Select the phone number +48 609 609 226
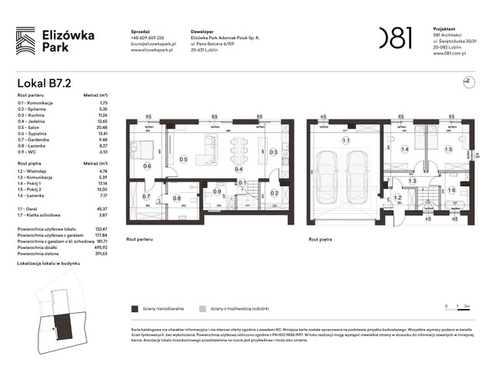(x=148, y=37)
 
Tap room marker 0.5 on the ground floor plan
(x=183, y=159)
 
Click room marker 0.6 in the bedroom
(x=148, y=166)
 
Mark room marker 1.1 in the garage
(x=346, y=141)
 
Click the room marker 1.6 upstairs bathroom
(x=451, y=190)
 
